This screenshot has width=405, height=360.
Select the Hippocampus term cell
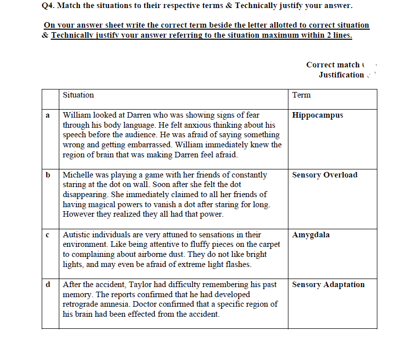point(317,115)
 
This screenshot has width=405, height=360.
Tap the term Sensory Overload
point(325,175)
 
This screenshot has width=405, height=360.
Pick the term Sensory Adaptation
point(328,285)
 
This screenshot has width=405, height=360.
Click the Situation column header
point(78,95)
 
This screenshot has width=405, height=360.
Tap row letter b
point(48,175)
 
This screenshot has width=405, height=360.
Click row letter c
point(48,235)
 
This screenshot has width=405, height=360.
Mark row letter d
point(48,285)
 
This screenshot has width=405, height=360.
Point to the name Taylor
point(140,285)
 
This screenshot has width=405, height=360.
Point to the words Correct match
point(333,65)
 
